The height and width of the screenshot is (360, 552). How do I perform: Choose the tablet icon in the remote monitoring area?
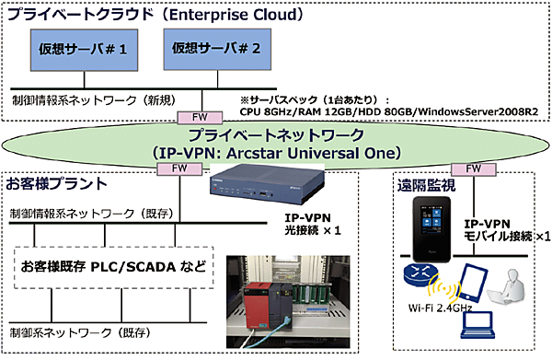(x=472, y=284)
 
